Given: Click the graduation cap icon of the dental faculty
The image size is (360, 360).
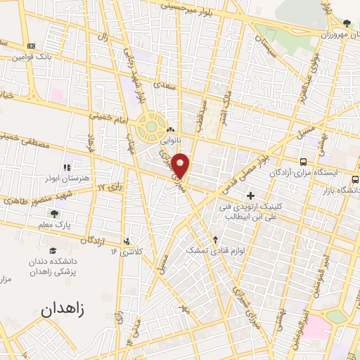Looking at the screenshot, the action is pos(53,250).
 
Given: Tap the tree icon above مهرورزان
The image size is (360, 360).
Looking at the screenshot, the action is pos(346,23).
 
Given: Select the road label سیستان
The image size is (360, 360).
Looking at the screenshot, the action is pos(280,47).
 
